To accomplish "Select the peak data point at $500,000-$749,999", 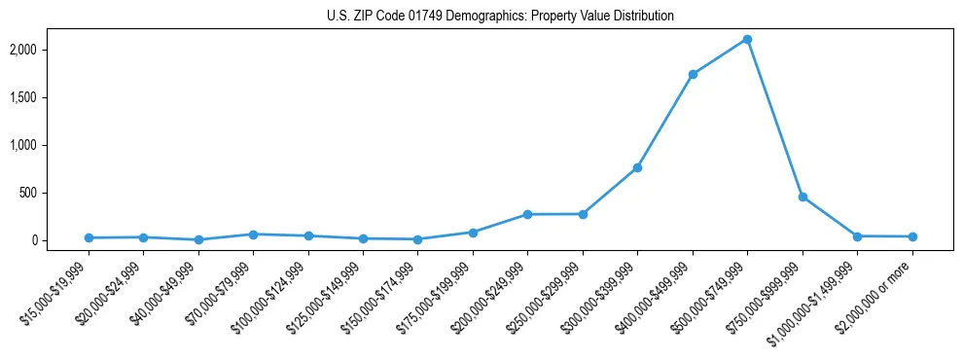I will click(x=747, y=40).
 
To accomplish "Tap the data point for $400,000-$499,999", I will click(x=693, y=74).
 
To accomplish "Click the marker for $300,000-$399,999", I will click(x=637, y=168).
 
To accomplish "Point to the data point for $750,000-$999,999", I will click(x=802, y=197).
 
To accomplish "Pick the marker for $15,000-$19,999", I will click(x=89, y=237).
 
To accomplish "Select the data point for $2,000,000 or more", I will click(x=912, y=236).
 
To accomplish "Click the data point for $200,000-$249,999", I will click(x=527, y=214).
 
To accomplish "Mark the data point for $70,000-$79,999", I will click(x=253, y=234).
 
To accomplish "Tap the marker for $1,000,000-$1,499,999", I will click(x=857, y=236).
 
